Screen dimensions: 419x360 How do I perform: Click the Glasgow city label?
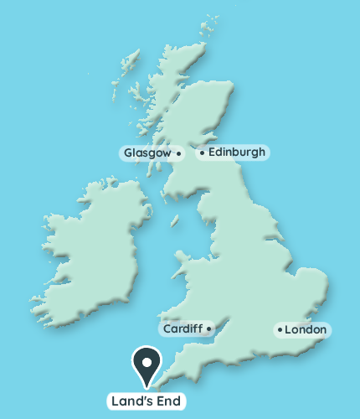pyautogui.click(x=147, y=153)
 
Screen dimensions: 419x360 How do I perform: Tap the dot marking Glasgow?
pyautogui.click(x=178, y=154)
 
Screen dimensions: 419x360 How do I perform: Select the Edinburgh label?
pyautogui.click(x=236, y=153)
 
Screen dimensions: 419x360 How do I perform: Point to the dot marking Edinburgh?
pyautogui.click(x=202, y=153)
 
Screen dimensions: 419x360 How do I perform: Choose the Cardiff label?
pyautogui.click(x=183, y=328)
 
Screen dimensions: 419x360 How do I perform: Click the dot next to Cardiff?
pyautogui.click(x=208, y=328)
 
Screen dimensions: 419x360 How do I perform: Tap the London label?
pyautogui.click(x=307, y=330)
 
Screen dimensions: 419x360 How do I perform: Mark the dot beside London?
pyautogui.click(x=280, y=330)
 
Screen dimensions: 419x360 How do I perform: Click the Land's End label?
pyautogui.click(x=146, y=401)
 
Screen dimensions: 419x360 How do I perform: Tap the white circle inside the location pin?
pyautogui.click(x=147, y=362)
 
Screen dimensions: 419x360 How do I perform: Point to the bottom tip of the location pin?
pyautogui.click(x=147, y=388)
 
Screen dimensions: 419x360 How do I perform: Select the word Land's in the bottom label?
pyautogui.click(x=132, y=401)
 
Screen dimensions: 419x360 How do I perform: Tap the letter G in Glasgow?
pyautogui.click(x=128, y=153)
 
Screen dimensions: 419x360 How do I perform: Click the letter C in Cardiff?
pyautogui.click(x=167, y=328)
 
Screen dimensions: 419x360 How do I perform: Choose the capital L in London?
pyautogui.click(x=289, y=330)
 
